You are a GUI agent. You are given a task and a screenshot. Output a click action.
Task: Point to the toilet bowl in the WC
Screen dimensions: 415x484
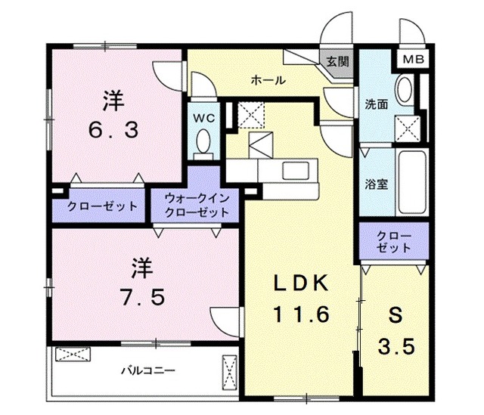click(x=202, y=141)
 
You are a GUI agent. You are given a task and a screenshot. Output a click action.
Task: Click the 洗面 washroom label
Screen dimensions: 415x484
click(x=377, y=105)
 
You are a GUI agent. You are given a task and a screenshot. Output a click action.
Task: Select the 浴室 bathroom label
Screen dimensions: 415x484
click(x=377, y=184)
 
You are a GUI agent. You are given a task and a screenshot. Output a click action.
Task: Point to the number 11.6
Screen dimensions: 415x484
click(x=300, y=313)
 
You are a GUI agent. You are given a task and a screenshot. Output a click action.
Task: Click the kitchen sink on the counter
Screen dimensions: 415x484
click(x=293, y=170)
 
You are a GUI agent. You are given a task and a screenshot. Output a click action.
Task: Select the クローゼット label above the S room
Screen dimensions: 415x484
click(x=395, y=241)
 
